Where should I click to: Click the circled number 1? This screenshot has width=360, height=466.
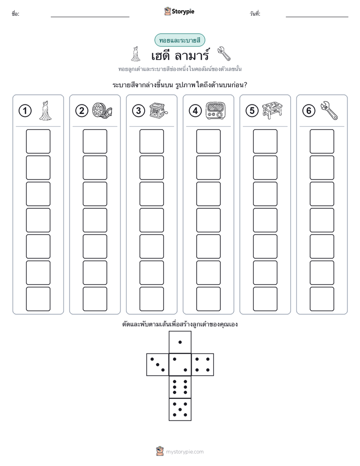click(25, 111)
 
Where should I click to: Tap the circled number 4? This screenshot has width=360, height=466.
click(195, 111)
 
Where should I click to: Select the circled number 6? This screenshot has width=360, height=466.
click(309, 111)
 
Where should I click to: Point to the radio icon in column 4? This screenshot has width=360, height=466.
click(216, 111)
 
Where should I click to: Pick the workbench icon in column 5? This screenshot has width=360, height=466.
click(272, 110)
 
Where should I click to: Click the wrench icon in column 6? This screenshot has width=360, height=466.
click(329, 110)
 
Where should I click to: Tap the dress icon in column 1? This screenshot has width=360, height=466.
click(45, 110)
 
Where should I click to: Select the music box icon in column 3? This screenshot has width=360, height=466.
click(158, 110)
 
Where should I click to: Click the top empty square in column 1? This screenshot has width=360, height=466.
click(38, 141)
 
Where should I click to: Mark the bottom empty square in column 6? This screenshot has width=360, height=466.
click(322, 299)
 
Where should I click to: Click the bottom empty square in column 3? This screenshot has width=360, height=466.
click(151, 299)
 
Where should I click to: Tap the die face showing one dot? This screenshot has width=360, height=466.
click(180, 342)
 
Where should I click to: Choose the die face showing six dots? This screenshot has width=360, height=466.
click(180, 387)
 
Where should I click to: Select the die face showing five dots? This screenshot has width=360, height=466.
click(180, 410)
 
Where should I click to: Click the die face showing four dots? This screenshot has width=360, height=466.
click(203, 365)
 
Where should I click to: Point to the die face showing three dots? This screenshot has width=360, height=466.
click(158, 365)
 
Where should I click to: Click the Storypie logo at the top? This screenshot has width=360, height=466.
click(179, 12)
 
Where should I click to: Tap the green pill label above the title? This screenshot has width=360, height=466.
click(179, 40)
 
